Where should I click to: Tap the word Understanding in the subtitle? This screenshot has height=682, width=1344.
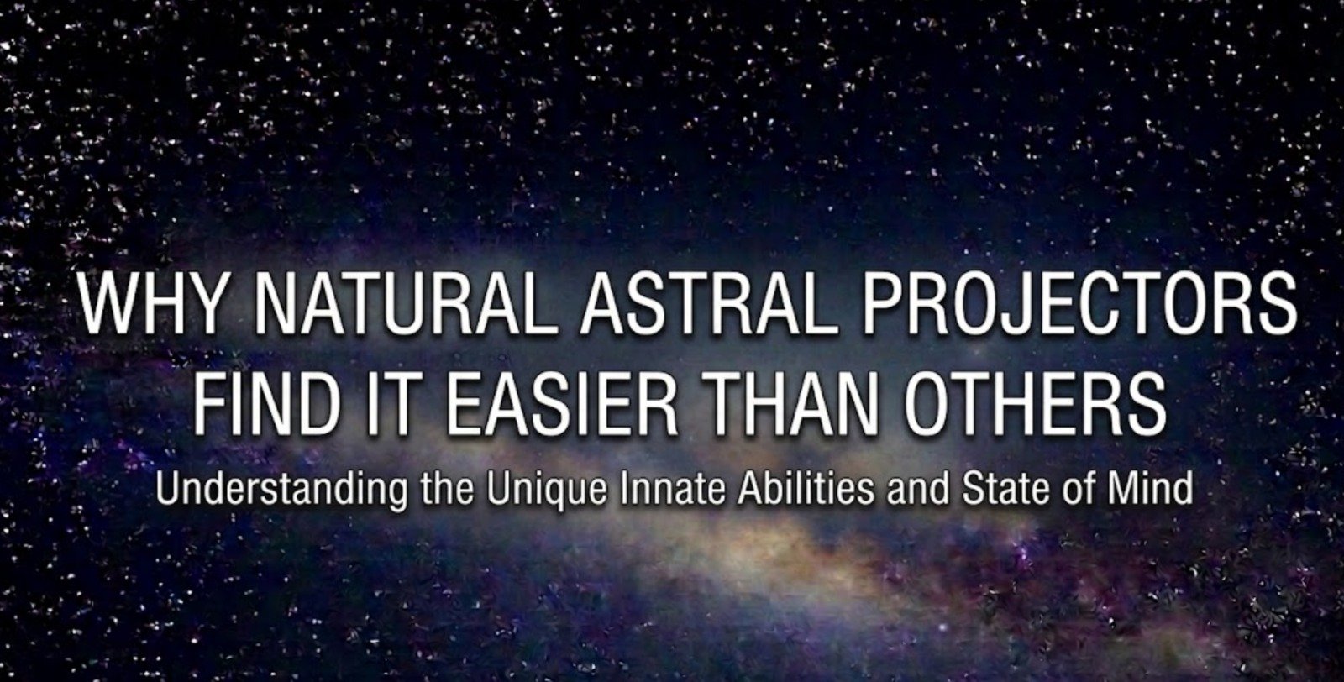(283, 488)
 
